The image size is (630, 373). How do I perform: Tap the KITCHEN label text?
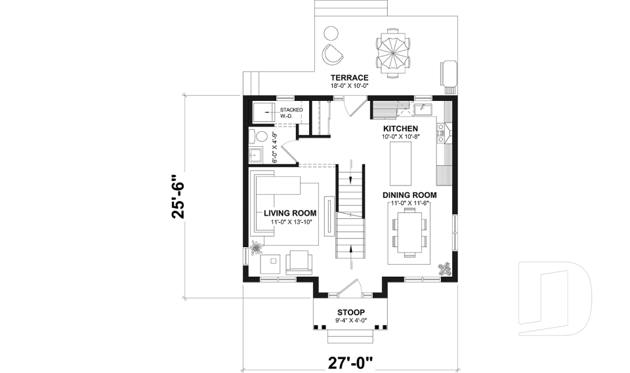pos(400,128)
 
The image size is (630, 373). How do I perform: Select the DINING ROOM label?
pos(409,195)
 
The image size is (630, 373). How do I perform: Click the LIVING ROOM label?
pos(290,213)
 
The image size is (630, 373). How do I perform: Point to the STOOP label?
pos(351,312)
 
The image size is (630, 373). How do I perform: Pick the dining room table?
pos(409,233)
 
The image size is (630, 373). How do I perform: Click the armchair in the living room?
pos(300,262)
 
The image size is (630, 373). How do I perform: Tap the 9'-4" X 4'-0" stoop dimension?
pos(351,321)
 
